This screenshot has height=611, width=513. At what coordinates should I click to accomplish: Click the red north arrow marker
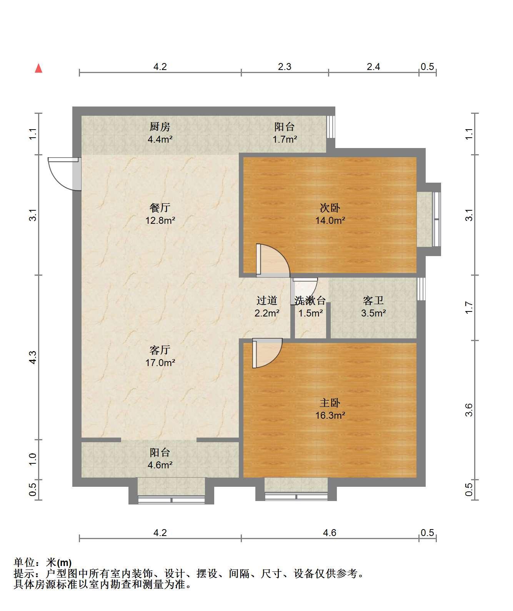coord(38,68)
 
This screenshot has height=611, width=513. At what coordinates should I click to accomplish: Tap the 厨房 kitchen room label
coord(160,127)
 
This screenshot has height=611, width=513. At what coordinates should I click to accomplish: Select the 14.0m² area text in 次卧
coord(330,220)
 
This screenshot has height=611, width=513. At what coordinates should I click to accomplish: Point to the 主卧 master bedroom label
coord(330,403)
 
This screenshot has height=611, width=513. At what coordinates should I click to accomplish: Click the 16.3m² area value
coord(330,415)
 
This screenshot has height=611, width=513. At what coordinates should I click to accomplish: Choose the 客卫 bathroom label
coord(373,301)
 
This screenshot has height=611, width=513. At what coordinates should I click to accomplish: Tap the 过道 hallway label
coord(266,301)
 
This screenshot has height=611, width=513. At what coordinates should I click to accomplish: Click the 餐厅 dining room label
coord(160,208)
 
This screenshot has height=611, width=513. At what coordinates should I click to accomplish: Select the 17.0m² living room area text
coord(160,363)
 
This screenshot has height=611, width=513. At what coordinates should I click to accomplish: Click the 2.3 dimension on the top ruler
coord(285,67)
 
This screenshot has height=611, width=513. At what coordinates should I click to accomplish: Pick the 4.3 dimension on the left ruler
coord(33,357)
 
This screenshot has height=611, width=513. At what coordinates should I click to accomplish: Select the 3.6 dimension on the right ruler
coord(469,410)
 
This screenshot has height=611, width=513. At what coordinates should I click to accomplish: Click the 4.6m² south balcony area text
coord(160,465)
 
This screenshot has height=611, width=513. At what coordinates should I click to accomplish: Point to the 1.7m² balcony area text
coord(285,139)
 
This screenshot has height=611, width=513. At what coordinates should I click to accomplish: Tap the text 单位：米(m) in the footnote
coord(43,563)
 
